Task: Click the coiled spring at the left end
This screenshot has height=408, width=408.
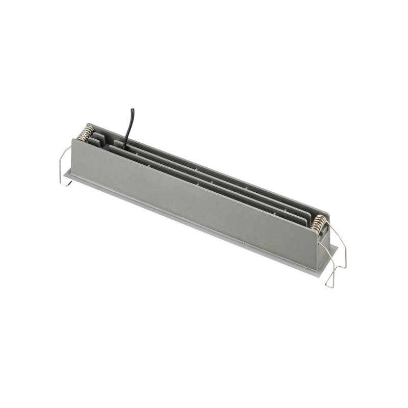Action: [x=86, y=134]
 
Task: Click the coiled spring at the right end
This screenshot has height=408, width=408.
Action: [x=319, y=222]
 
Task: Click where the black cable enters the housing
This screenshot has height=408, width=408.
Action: [x=124, y=142]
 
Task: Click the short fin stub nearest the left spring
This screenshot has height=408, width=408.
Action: [x=98, y=138]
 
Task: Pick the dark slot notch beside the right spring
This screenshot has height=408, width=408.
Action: [x=313, y=228]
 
